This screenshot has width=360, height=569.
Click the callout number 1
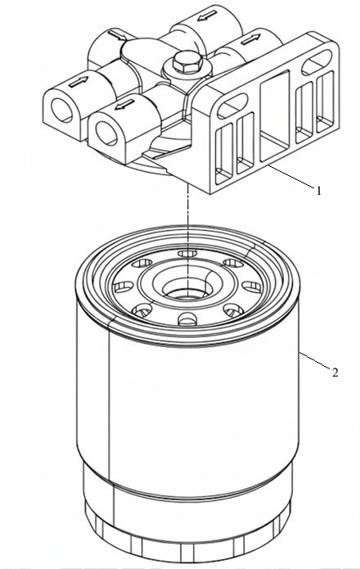tap(318, 191)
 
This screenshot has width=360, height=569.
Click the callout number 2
tap(335, 373)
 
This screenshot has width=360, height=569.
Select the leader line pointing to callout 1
tap(291, 176)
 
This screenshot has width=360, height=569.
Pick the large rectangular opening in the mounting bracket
tap(275, 116)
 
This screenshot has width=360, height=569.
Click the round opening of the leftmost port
tap(61, 110)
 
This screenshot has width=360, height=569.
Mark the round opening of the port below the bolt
tap(106, 133)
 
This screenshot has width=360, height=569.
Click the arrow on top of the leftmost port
tap(79, 83)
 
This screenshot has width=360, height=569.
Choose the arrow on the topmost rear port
tap(208, 16)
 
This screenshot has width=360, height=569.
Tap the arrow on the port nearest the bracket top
tap(251, 39)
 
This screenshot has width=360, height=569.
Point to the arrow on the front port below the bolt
tap(124, 105)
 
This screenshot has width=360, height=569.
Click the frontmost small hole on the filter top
tap(188, 318)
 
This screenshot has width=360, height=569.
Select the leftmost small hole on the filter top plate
tap(123, 287)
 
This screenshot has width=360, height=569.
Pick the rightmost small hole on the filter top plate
tap(252, 287)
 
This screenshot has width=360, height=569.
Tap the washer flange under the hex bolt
tap(187, 70)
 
